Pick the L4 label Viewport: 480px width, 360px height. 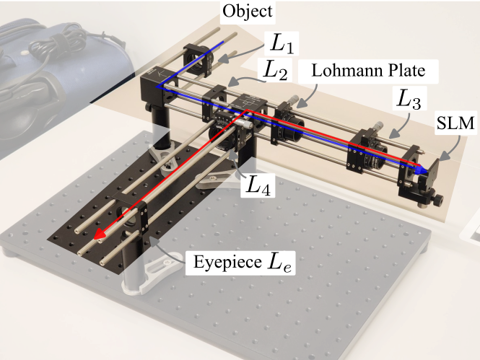click(x=258, y=186)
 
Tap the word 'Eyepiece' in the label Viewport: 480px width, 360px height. click(x=218, y=262)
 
